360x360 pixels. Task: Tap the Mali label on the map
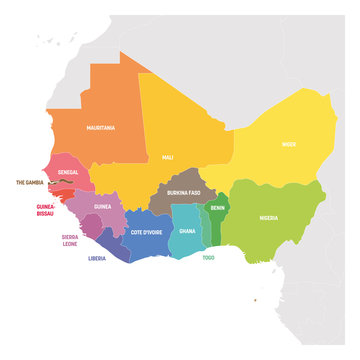pos(167,158)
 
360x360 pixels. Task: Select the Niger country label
pos(288,144)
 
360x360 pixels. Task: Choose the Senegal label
pos(68,173)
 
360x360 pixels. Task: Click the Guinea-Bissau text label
pos(38,210)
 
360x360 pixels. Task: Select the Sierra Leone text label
pos(69,241)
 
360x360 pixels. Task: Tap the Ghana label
pos(187,230)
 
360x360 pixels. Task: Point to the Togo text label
pos(207,257)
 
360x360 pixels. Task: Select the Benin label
pos(217,209)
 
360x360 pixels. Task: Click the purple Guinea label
pos(102,206)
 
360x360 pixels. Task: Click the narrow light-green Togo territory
pos(206,228)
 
